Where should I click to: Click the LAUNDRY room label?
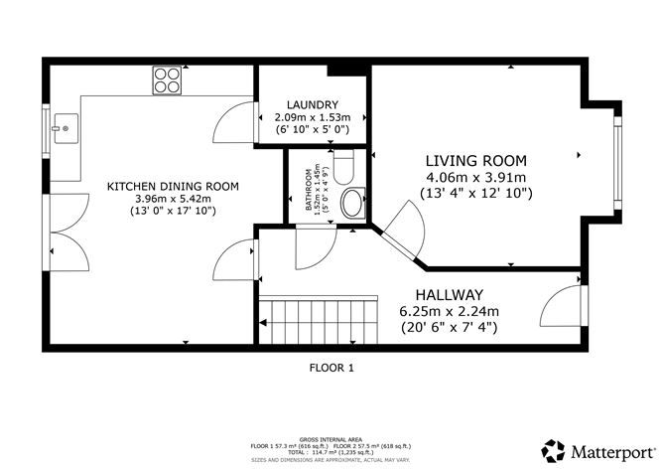(x=313, y=104)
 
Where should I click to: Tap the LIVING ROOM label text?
(x=476, y=161)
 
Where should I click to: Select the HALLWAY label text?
(x=449, y=295)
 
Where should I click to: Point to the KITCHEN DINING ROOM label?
(x=174, y=186)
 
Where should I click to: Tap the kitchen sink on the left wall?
(x=65, y=127)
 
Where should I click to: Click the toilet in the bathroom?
(x=344, y=167)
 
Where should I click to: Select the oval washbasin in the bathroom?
(x=351, y=206)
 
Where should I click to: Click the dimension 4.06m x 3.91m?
(x=476, y=178)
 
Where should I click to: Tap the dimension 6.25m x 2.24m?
(x=449, y=311)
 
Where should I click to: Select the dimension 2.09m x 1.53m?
(x=313, y=117)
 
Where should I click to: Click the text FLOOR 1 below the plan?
(x=331, y=367)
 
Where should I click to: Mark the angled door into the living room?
(x=400, y=230)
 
